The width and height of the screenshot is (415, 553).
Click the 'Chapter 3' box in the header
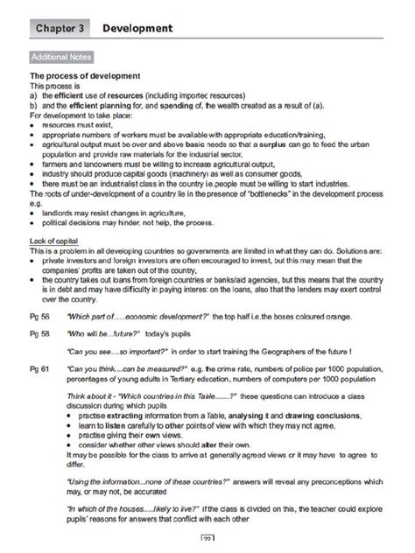(61, 29)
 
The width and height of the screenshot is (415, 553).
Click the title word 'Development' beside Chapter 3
(137, 29)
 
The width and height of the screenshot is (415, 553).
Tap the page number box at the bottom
(208, 540)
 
